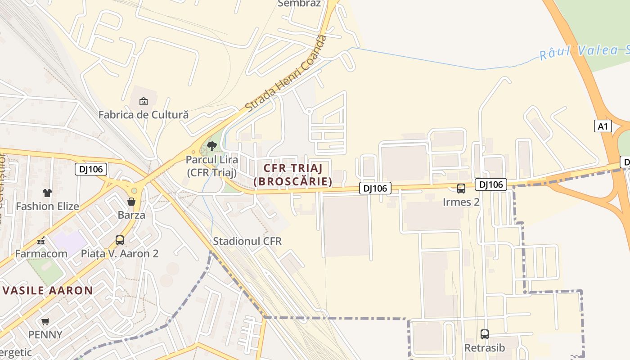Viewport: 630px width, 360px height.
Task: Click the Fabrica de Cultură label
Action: pos(143,115)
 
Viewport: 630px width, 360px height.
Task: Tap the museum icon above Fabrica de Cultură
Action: pos(143,101)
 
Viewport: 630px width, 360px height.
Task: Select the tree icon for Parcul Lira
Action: pos(212,146)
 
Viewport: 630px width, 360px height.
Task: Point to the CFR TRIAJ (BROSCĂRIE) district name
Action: pos(293,175)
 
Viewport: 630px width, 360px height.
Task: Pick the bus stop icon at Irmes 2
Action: pos(461,189)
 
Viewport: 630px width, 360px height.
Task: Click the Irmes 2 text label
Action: pos(461,202)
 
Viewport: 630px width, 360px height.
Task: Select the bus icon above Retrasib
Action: pos(485,334)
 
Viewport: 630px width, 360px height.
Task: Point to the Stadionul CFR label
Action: pos(247,241)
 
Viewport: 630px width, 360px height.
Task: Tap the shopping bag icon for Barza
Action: pos(131,201)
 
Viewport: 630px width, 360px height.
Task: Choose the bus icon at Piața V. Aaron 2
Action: pos(120,240)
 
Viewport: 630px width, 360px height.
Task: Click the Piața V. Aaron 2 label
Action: pos(120,254)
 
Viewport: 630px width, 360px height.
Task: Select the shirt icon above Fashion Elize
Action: pos(47,193)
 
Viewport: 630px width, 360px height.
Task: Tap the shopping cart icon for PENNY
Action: pos(45,322)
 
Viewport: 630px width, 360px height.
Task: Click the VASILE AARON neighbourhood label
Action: pos(48,290)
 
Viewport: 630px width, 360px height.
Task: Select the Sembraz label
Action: pos(299,4)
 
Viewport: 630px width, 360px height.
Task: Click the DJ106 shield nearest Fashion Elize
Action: pos(91,169)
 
